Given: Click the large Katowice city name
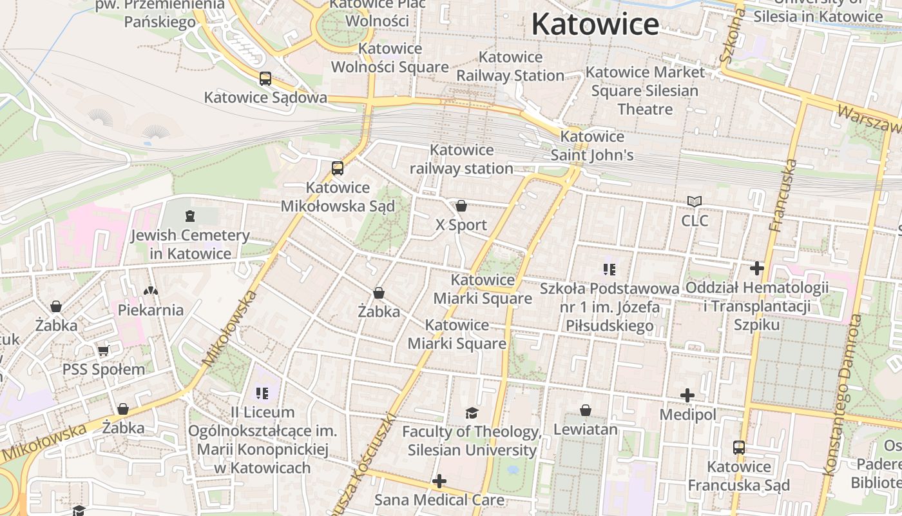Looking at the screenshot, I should tap(595, 25).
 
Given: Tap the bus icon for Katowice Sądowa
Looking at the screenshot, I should tap(265, 79).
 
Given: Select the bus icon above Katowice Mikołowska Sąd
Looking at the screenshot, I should tap(338, 168).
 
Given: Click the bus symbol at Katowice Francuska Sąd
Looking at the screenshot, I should tap(739, 447).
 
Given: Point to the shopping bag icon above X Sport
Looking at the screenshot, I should tap(461, 206).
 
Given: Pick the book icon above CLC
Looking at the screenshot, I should tap(695, 202).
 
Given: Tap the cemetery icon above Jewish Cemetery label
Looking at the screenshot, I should tap(189, 215).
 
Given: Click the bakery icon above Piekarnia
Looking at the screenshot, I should tap(151, 291).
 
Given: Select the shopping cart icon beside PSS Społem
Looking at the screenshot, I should tap(103, 351).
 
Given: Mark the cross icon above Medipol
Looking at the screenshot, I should tap(687, 395).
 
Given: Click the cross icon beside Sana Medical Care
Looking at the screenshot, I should tap(439, 481).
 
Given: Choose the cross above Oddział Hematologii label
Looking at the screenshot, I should tap(757, 268).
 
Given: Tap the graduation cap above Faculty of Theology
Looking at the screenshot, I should tap(472, 413).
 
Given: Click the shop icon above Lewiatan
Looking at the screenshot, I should tap(586, 410).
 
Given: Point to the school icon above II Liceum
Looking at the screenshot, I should tap(262, 393).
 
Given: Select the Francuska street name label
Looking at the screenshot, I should tap(783, 195).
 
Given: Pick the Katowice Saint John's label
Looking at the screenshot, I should tap(592, 146).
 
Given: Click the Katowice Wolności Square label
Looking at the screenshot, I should tap(390, 57).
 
